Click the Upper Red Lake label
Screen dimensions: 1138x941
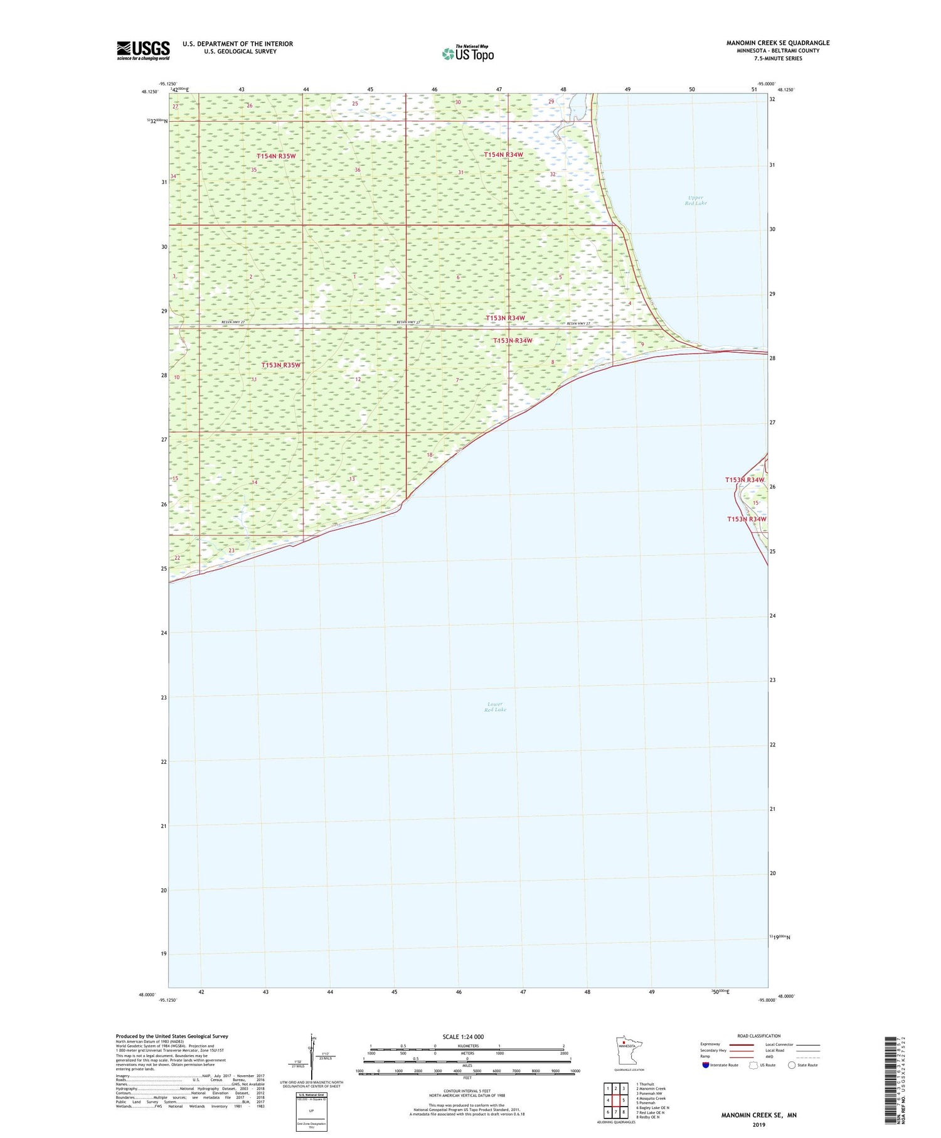pyautogui.click(x=695, y=200)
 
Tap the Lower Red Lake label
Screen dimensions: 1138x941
pyautogui.click(x=495, y=707)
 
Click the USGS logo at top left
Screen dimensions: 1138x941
pyautogui.click(x=143, y=50)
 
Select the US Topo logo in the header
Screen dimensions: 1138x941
pyautogui.click(x=468, y=54)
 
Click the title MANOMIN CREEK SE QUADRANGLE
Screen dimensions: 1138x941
pyautogui.click(x=777, y=43)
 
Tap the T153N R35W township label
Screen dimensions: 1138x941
pyautogui.click(x=281, y=365)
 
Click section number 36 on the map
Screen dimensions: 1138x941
pyautogui.click(x=358, y=170)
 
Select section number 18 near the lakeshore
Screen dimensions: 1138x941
pyautogui.click(x=430, y=455)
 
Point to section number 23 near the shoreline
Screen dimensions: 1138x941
pyautogui.click(x=231, y=550)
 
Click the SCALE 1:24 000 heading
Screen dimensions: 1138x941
pyautogui.click(x=463, y=1036)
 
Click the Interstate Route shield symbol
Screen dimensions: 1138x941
pyautogui.click(x=705, y=1065)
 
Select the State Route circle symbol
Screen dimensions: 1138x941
pyautogui.click(x=792, y=1065)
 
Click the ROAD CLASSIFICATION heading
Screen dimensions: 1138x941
pyautogui.click(x=759, y=1036)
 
